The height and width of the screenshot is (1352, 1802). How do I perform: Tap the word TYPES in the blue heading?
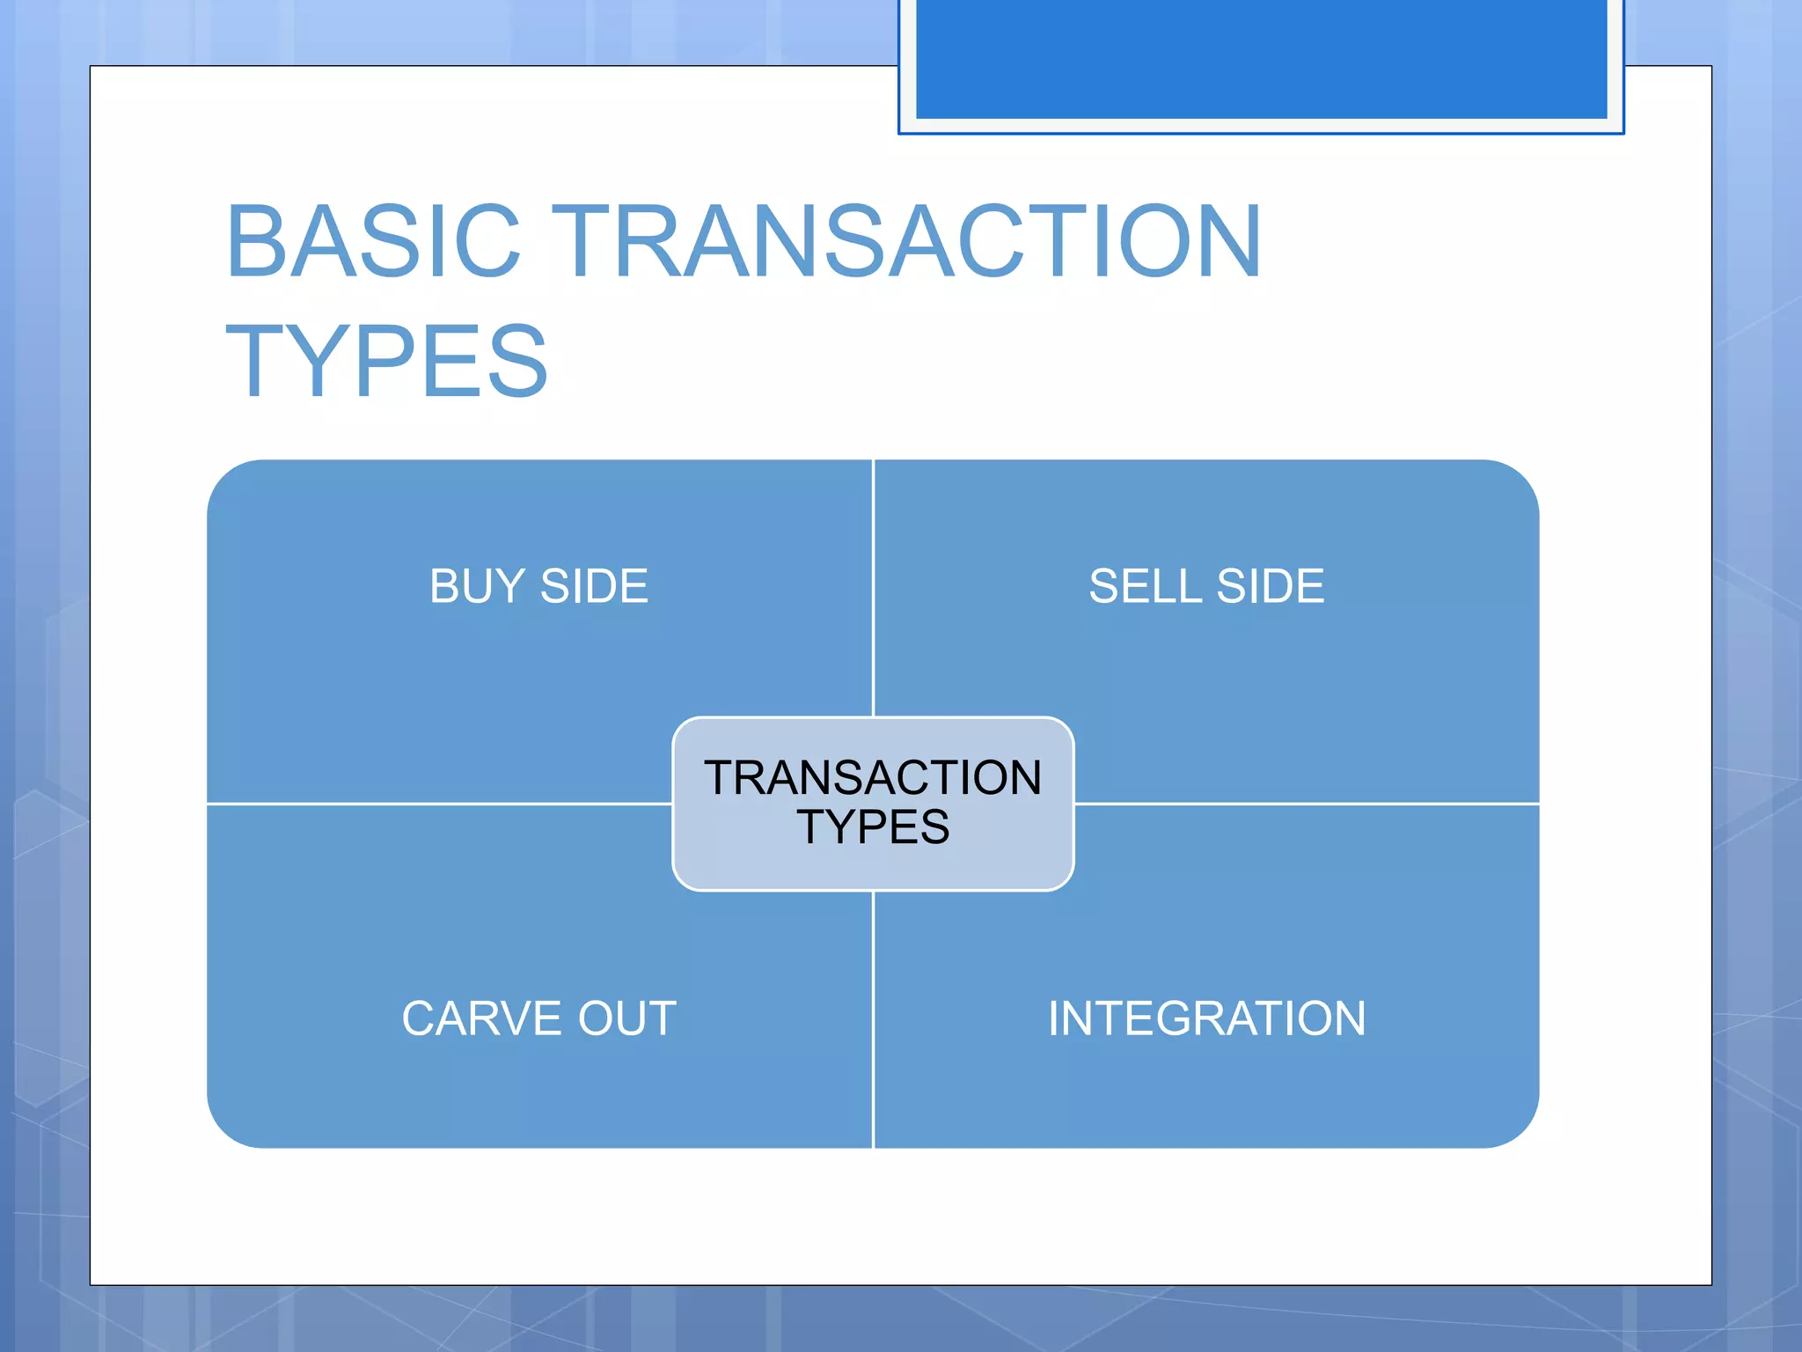[x=386, y=361]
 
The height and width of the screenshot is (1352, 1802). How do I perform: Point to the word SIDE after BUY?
[x=594, y=586]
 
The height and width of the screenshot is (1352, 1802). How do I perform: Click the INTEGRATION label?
[x=1206, y=1018]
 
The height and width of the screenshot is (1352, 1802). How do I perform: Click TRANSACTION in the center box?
[x=873, y=778]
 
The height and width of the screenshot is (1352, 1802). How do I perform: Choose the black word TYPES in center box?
[x=873, y=827]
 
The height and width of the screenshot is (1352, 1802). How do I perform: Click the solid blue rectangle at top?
[x=1261, y=58]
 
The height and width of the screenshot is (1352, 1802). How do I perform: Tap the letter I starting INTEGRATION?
[x=1054, y=1018]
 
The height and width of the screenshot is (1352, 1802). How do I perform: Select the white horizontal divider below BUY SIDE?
[x=440, y=804]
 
